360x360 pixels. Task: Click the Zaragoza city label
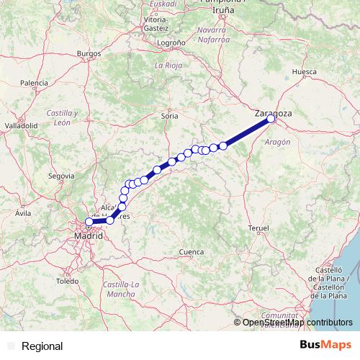point(274,113)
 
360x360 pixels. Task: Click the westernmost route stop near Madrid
point(89,222)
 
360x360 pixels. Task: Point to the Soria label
point(170,115)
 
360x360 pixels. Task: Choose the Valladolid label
point(21,125)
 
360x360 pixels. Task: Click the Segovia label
point(61,175)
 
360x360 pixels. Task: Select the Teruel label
point(258,228)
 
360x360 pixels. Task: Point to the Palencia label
point(34,84)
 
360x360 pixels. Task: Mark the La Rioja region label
point(167,66)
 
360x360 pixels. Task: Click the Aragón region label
point(277,143)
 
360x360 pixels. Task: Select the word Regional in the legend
point(42,346)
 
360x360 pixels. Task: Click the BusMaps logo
point(325,346)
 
